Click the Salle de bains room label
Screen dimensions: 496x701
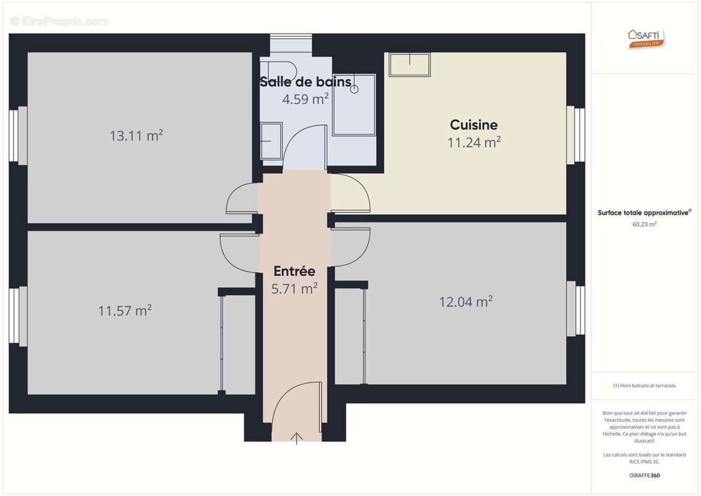click(x=305, y=82)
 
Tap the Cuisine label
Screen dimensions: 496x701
click(x=474, y=125)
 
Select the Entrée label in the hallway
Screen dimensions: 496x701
click(x=294, y=271)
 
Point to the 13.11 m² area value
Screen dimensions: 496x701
click(x=136, y=135)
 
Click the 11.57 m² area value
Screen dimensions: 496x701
click(x=125, y=310)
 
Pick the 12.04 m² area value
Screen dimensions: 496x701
click(x=466, y=301)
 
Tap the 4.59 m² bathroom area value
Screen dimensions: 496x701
click(x=306, y=99)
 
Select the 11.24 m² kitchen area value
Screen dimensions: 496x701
click(x=474, y=142)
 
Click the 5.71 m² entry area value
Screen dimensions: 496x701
click(x=294, y=288)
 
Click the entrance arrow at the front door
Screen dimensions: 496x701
click(x=297, y=438)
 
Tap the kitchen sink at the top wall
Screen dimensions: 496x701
click(x=410, y=64)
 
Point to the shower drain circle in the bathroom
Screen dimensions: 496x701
click(x=355, y=89)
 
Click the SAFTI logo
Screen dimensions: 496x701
click(x=646, y=38)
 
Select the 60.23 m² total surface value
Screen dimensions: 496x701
click(x=645, y=224)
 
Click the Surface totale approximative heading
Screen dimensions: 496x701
click(x=644, y=213)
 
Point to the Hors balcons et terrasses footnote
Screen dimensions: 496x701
click(x=645, y=386)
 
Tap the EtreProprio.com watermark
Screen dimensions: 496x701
click(x=59, y=22)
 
